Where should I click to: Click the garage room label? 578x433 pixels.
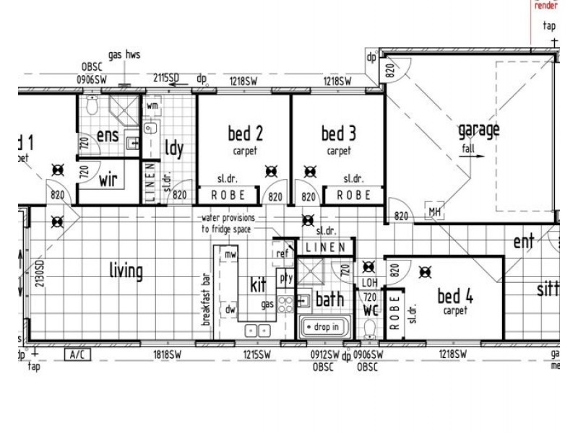[x=478, y=131]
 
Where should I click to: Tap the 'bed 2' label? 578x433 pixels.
[x=245, y=134]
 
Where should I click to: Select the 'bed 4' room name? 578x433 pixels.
[x=455, y=296]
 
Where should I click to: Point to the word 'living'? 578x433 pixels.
[x=126, y=271]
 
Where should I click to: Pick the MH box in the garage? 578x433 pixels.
[x=435, y=211]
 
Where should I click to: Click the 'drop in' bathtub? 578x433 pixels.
[x=323, y=328]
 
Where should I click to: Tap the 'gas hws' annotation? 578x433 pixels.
[x=124, y=55]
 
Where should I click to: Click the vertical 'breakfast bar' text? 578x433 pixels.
[x=206, y=299]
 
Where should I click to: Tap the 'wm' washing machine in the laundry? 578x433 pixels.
[x=152, y=105]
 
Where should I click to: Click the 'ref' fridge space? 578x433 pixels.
[x=281, y=254]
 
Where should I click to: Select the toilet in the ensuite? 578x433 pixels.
[x=91, y=108]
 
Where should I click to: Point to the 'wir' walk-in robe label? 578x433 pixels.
[x=108, y=178]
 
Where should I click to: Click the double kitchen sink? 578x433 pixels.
[x=257, y=330]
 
